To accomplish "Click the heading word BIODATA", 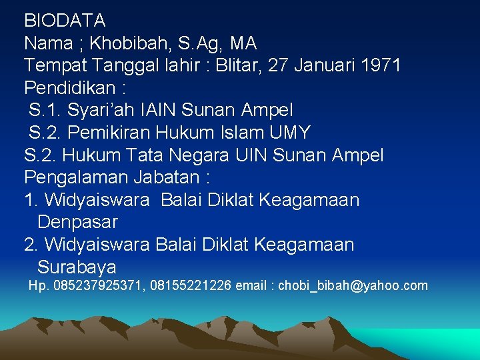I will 65,21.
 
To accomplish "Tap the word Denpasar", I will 78,222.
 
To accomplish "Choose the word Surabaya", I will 77,267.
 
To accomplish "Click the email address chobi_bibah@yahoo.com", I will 353,286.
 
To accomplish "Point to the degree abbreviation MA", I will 243,43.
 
